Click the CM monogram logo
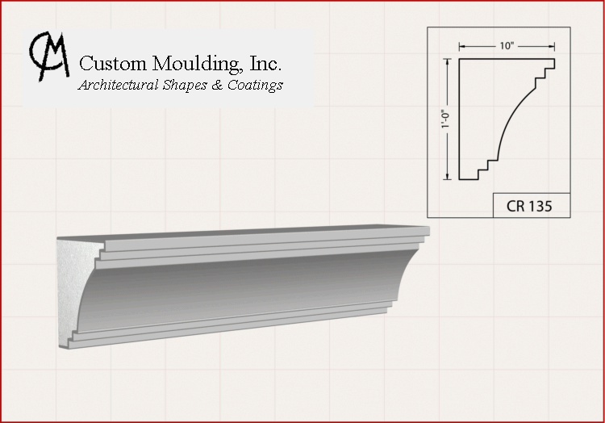point(48,57)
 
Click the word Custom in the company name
point(113,63)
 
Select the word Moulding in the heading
point(196,64)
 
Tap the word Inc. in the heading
point(265,63)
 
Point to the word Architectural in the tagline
point(118,85)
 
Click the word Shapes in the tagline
point(186,86)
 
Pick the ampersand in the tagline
point(217,85)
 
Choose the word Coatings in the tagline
point(255,86)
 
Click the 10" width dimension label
point(507,46)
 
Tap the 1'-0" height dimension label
point(446,119)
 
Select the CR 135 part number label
point(529,206)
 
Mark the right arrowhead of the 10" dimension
point(552,47)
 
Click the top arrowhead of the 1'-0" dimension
point(448,61)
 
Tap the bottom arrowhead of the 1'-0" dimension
point(448,176)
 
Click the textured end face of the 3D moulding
point(75,293)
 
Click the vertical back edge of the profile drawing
point(459,119)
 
